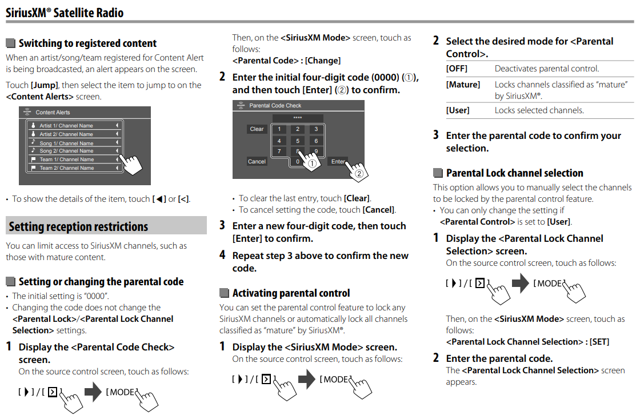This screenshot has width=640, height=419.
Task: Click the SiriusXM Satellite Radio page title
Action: [x=65, y=12]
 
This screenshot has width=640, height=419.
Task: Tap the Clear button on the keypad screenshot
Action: [x=257, y=129]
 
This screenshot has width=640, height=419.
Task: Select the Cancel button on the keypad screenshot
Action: [x=257, y=162]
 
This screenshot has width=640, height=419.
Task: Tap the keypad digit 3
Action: [x=315, y=129]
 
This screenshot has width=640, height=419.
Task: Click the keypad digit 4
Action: [x=279, y=141]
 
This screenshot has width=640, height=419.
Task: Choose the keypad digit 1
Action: [x=279, y=129]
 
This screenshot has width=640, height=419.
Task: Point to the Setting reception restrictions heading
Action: [x=78, y=226]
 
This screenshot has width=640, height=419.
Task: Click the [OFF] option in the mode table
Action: [x=457, y=69]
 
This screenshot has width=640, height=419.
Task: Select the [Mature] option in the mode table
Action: [x=463, y=85]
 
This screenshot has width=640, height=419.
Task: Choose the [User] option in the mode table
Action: [x=458, y=110]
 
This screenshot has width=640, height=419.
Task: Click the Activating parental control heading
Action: [x=291, y=293]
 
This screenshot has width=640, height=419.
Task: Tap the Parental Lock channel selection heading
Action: [x=514, y=173]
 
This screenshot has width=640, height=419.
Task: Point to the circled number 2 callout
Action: [x=359, y=173]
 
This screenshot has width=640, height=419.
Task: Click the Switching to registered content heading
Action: [x=87, y=43]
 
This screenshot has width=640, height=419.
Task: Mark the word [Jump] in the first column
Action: [x=43, y=85]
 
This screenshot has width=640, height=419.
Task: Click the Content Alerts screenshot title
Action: [x=53, y=113]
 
